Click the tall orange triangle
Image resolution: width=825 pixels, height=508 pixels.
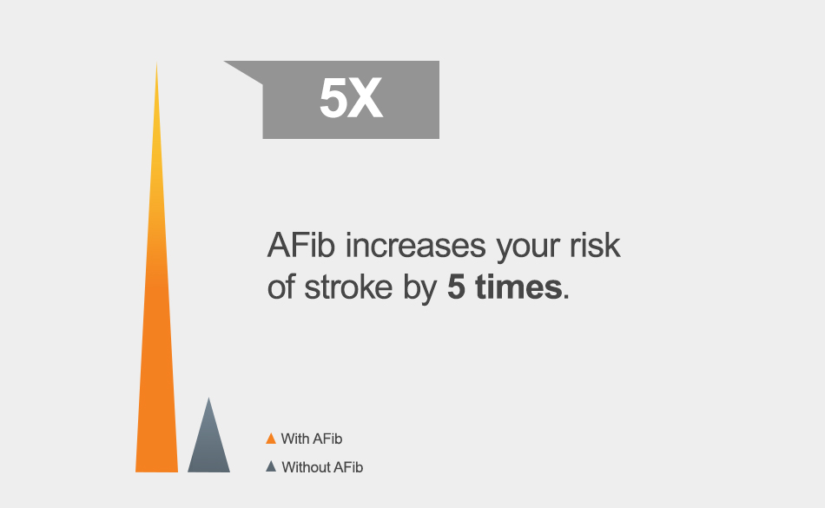pyautogui.click(x=157, y=315)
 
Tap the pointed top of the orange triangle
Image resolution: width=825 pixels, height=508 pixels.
pyautogui.click(x=157, y=63)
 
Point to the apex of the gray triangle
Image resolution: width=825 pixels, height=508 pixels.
pyautogui.click(x=209, y=398)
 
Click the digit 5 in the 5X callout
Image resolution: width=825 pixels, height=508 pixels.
pyautogui.click(x=333, y=98)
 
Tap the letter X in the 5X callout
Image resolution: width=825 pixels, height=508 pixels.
pyautogui.click(x=365, y=98)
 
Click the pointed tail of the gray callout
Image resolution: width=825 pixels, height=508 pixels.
pyautogui.click(x=225, y=62)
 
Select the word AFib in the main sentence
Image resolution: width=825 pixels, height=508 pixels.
pyautogui.click(x=301, y=245)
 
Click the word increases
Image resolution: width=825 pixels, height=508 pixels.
pyautogui.click(x=416, y=246)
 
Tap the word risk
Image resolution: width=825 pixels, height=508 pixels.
pyautogui.click(x=595, y=245)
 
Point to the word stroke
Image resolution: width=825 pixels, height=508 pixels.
pyautogui.click(x=348, y=287)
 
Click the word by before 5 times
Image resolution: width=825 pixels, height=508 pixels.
pyautogui.click(x=420, y=290)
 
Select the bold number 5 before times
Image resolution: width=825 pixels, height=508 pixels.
pyautogui.click(x=456, y=287)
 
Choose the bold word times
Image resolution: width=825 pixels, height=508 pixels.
pyautogui.click(x=518, y=287)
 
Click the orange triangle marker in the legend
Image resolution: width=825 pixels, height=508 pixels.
pyautogui.click(x=271, y=439)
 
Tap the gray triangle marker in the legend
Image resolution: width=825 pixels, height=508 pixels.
pyautogui.click(x=271, y=467)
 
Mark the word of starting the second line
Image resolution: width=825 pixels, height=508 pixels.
pyautogui.click(x=281, y=287)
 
